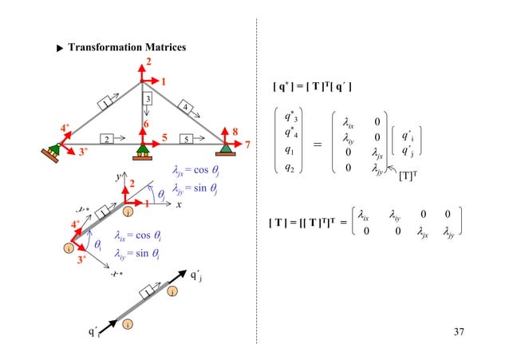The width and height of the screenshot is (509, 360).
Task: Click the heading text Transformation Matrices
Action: click(127, 48)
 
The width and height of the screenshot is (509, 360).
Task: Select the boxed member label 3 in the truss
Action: click(148, 98)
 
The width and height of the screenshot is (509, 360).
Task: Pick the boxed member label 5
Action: click(185, 137)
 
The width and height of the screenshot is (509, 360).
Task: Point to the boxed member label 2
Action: click(106, 137)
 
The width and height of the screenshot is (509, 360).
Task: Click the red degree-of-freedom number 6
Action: click(145, 124)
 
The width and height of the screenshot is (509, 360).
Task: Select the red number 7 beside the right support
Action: click(247, 145)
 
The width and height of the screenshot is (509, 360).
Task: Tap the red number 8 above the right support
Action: click(235, 130)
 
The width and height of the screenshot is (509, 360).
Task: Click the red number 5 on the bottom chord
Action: click(164, 137)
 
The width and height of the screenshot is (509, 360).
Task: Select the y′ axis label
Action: click(120, 175)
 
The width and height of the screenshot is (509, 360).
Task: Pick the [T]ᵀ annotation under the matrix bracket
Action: click(408, 177)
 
